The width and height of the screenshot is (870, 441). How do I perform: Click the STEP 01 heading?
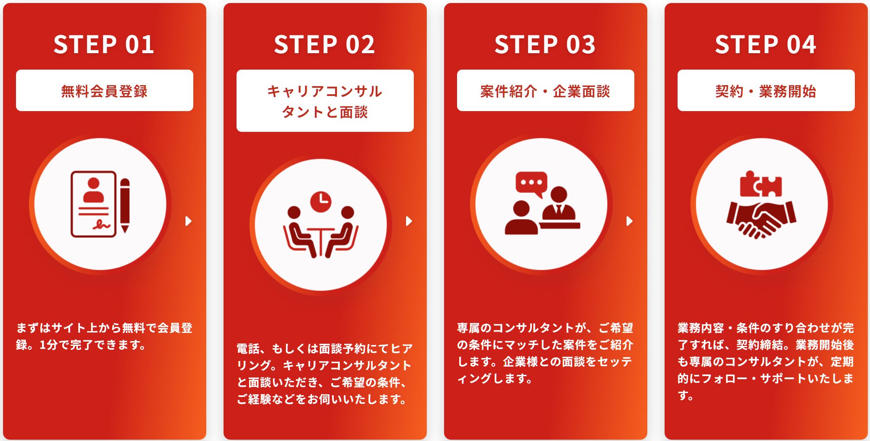pos(104,45)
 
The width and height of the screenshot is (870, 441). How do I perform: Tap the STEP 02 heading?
pos(324,45)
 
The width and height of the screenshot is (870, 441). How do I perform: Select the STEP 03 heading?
pos(545,45)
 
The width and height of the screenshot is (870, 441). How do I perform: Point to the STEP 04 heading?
pos(765,45)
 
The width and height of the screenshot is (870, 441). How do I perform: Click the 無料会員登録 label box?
pos(105,91)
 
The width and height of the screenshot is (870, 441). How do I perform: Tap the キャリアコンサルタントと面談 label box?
pos(325,101)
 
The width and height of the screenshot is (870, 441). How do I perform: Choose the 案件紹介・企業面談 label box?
pos(546,91)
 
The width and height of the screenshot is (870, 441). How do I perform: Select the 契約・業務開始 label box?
pos(766,91)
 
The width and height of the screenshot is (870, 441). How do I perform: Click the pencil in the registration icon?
pos(125,205)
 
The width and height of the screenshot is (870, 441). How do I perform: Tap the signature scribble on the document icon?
pos(102,224)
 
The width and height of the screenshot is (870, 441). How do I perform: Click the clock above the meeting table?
pos(321,201)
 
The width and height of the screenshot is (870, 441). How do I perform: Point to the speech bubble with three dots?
pos(531,183)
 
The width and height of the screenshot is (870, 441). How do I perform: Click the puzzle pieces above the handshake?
pos(761,185)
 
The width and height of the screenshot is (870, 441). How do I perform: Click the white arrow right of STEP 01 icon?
pos(188,221)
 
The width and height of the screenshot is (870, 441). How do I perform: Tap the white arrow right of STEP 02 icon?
pos(409,221)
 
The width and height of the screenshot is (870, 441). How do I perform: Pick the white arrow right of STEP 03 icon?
pos(629,221)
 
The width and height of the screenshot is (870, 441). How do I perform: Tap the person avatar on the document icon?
pos(93,190)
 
